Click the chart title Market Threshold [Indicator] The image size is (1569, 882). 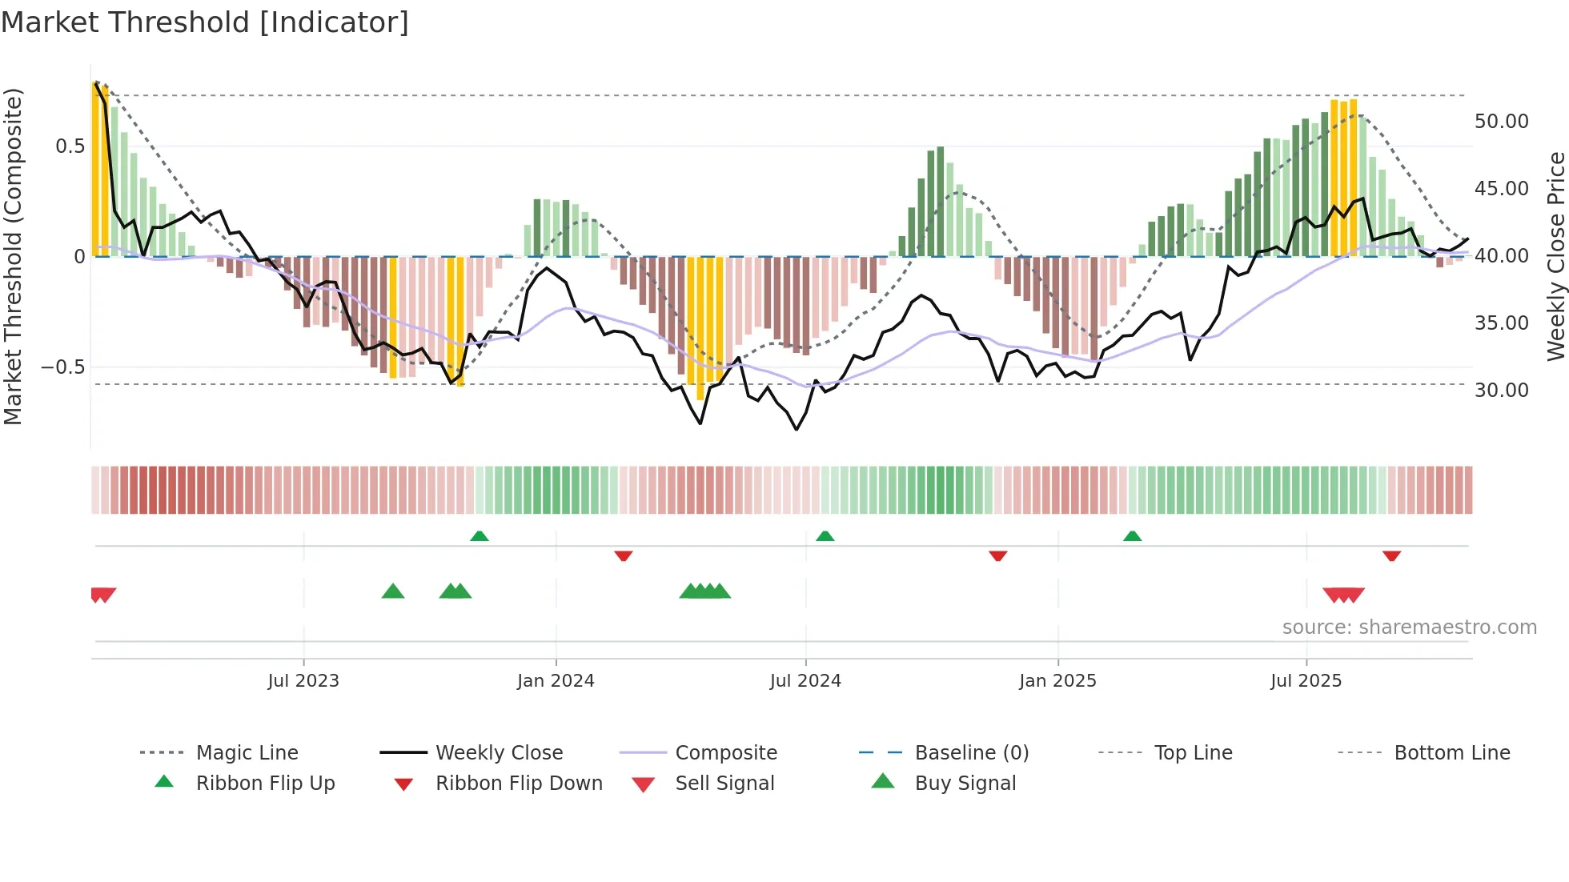(x=205, y=22)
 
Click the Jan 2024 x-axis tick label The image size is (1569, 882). (x=556, y=681)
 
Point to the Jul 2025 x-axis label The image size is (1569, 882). (x=1306, y=681)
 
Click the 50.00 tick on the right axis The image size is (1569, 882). (x=1501, y=122)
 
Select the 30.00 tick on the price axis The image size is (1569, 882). (x=1501, y=391)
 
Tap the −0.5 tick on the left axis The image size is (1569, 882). (x=62, y=367)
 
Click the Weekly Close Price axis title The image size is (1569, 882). (x=1555, y=256)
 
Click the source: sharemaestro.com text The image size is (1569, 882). (x=1409, y=627)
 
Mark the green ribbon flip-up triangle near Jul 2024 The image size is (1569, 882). (x=825, y=535)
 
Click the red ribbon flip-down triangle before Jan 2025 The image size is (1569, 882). (x=997, y=555)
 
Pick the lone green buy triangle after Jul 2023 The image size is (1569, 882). (x=393, y=591)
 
